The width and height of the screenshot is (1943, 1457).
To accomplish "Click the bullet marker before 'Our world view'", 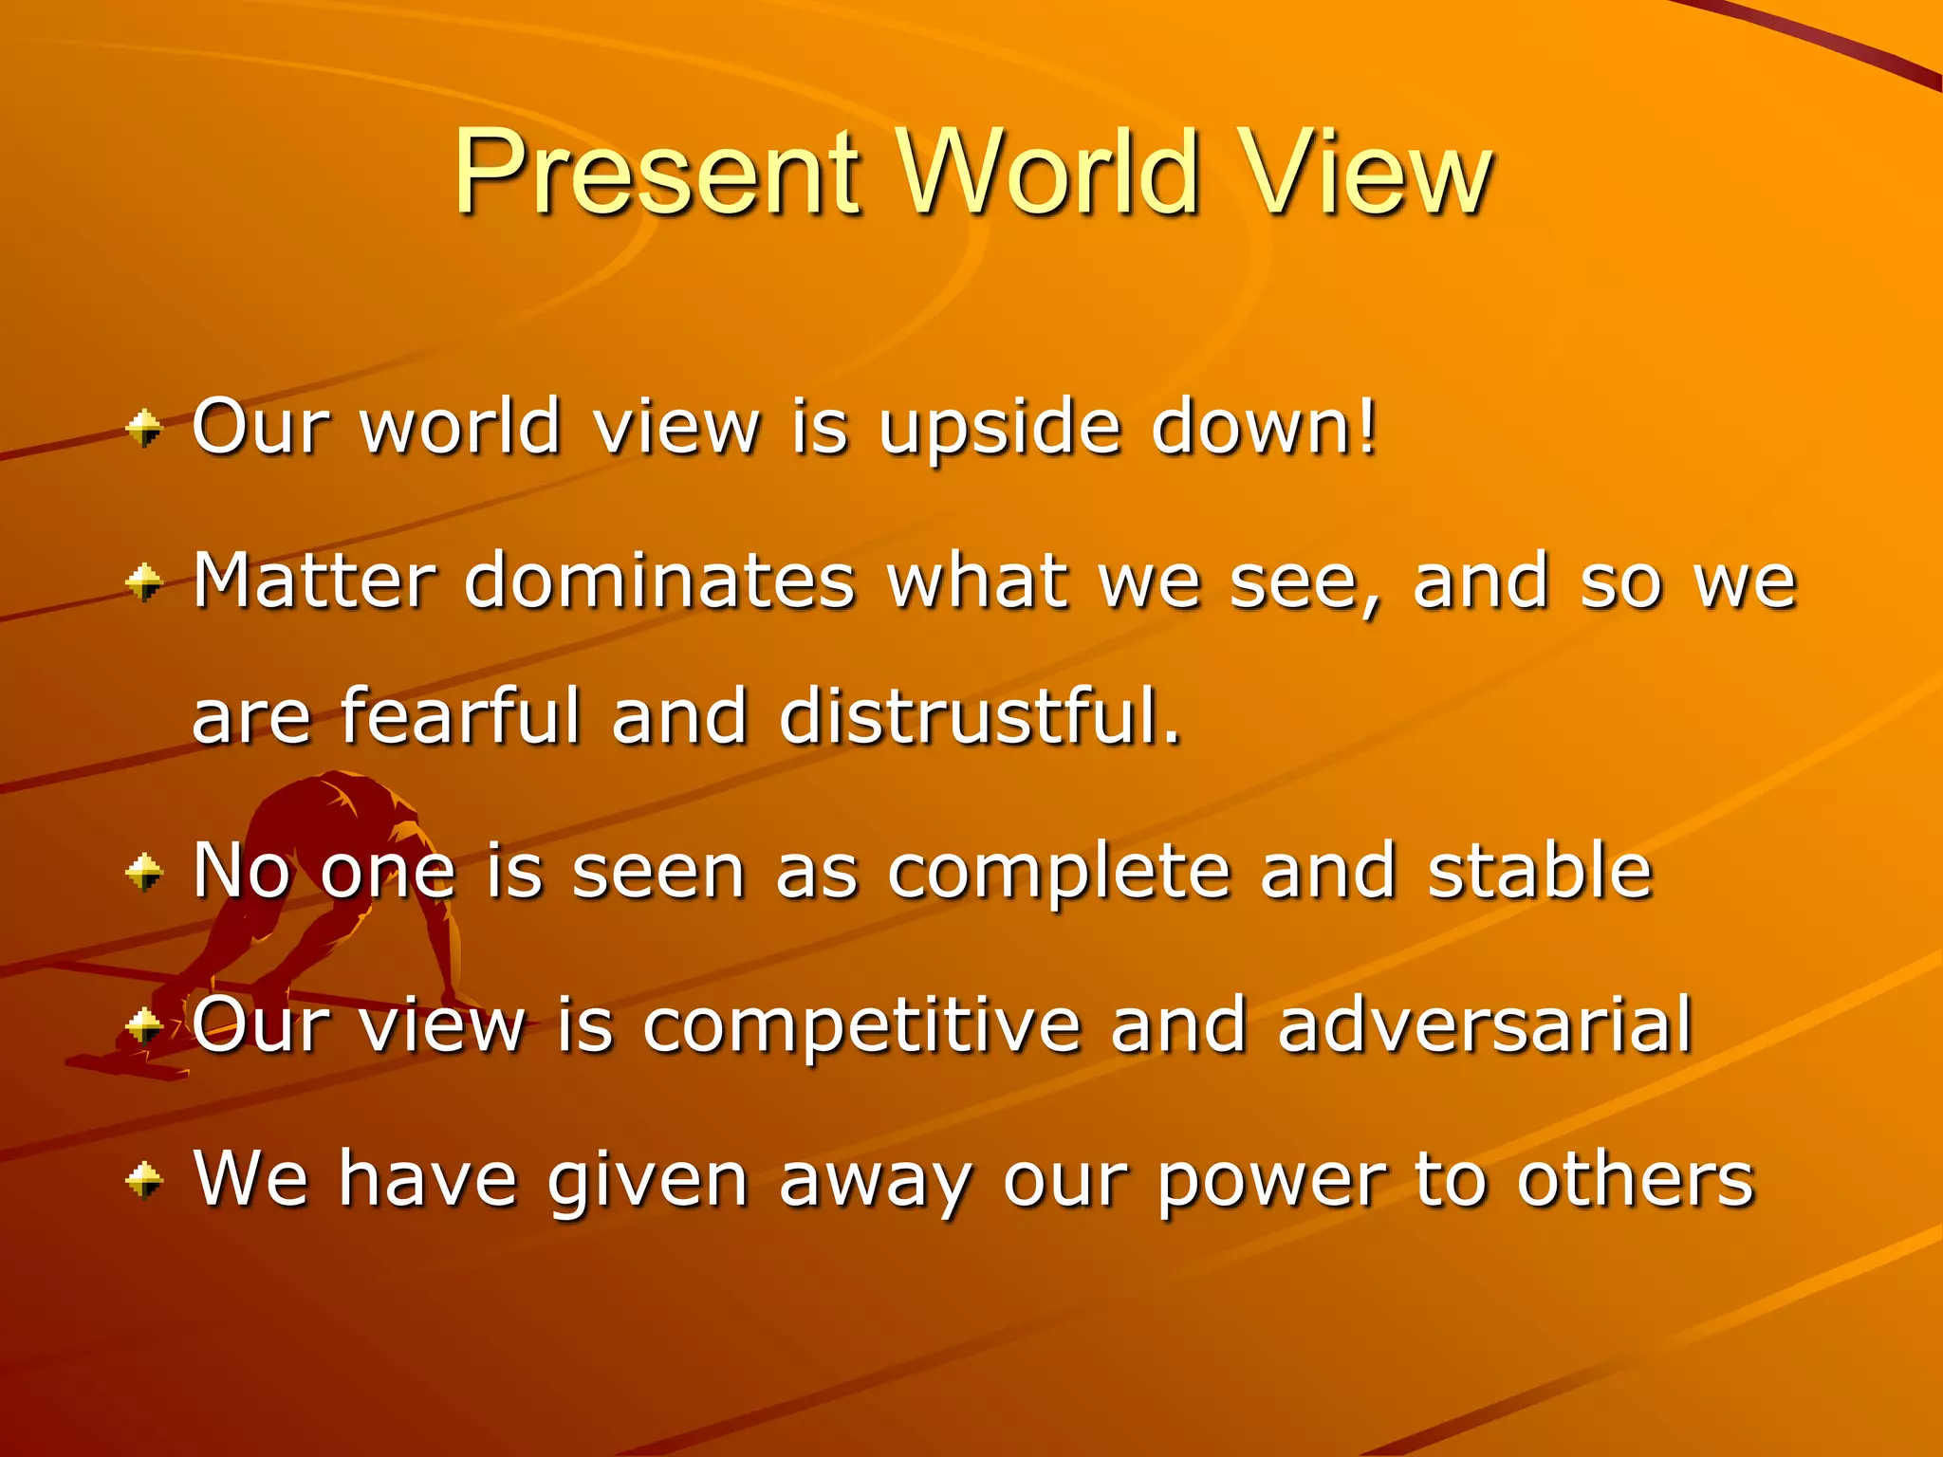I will point(144,429).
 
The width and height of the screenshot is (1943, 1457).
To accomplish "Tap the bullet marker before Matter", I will point(144,582).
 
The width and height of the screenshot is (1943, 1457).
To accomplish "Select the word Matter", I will point(314,581).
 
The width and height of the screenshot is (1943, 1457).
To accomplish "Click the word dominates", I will point(659,581).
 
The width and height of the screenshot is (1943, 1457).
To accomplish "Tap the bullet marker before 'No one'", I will point(144,872).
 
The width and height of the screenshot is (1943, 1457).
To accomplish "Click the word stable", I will point(1540,870).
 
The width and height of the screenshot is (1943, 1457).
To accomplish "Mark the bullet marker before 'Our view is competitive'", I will point(144,1025).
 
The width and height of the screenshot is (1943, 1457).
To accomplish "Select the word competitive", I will point(861,1027).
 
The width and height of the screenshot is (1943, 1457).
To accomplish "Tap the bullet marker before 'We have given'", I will point(144,1181).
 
